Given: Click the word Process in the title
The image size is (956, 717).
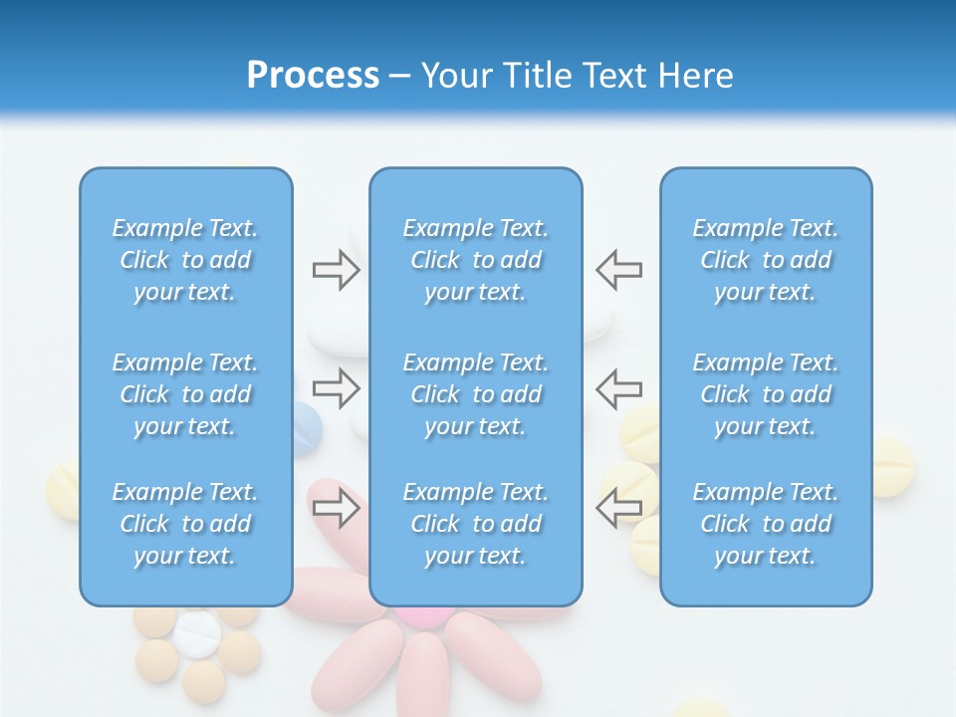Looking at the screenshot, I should [313, 76].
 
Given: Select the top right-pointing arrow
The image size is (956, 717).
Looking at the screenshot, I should [336, 270].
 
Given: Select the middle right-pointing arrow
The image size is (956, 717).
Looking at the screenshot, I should [336, 388].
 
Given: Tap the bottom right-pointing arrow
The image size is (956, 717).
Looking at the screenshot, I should [336, 508].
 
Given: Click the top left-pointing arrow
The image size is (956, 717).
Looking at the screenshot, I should [618, 270].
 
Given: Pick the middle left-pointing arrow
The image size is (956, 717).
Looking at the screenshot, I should [618, 388].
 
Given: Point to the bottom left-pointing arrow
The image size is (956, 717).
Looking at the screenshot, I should [618, 508].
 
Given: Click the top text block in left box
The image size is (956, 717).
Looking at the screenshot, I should [185, 260].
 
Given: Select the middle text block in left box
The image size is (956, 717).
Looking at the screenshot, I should [185, 394].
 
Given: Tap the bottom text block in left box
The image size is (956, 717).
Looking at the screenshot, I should [185, 524].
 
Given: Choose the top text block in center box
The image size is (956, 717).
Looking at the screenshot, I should [475, 260].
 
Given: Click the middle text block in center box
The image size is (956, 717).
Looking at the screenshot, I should [475, 394].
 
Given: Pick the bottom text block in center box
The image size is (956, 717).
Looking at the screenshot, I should [475, 524].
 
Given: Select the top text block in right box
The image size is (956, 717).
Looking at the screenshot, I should [766, 260].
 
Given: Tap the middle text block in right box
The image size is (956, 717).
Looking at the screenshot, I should [766, 394].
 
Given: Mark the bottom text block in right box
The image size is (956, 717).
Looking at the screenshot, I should [766, 524].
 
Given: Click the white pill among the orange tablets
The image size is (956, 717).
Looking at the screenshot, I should [197, 633].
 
